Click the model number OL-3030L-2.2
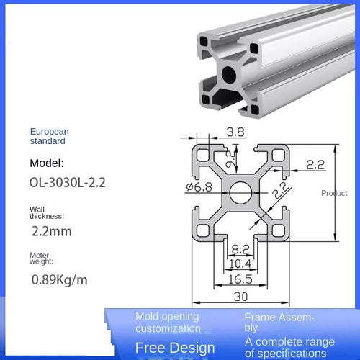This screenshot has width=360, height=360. [x=68, y=183]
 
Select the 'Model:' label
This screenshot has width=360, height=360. [x=48, y=163]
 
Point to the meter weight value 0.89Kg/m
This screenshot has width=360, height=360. [x=60, y=279]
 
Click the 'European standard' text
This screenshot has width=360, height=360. [x=50, y=137]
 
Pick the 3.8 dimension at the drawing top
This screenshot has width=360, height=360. [x=214, y=132]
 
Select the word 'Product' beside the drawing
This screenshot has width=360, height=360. [x=334, y=193]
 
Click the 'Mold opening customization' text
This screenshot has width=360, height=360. [x=168, y=323]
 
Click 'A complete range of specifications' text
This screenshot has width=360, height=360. [x=289, y=347]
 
